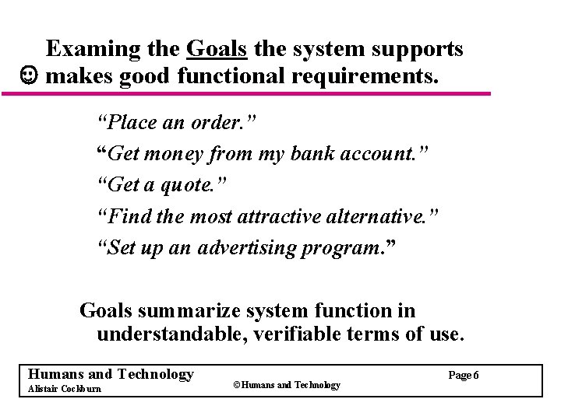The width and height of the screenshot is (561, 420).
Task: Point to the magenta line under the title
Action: (246, 94)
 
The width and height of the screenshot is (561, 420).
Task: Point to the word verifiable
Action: (311, 335)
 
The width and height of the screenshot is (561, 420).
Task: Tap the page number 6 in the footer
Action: (475, 376)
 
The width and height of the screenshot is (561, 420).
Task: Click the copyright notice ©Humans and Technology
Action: (287, 385)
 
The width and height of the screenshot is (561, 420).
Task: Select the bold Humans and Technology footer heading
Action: (110, 374)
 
